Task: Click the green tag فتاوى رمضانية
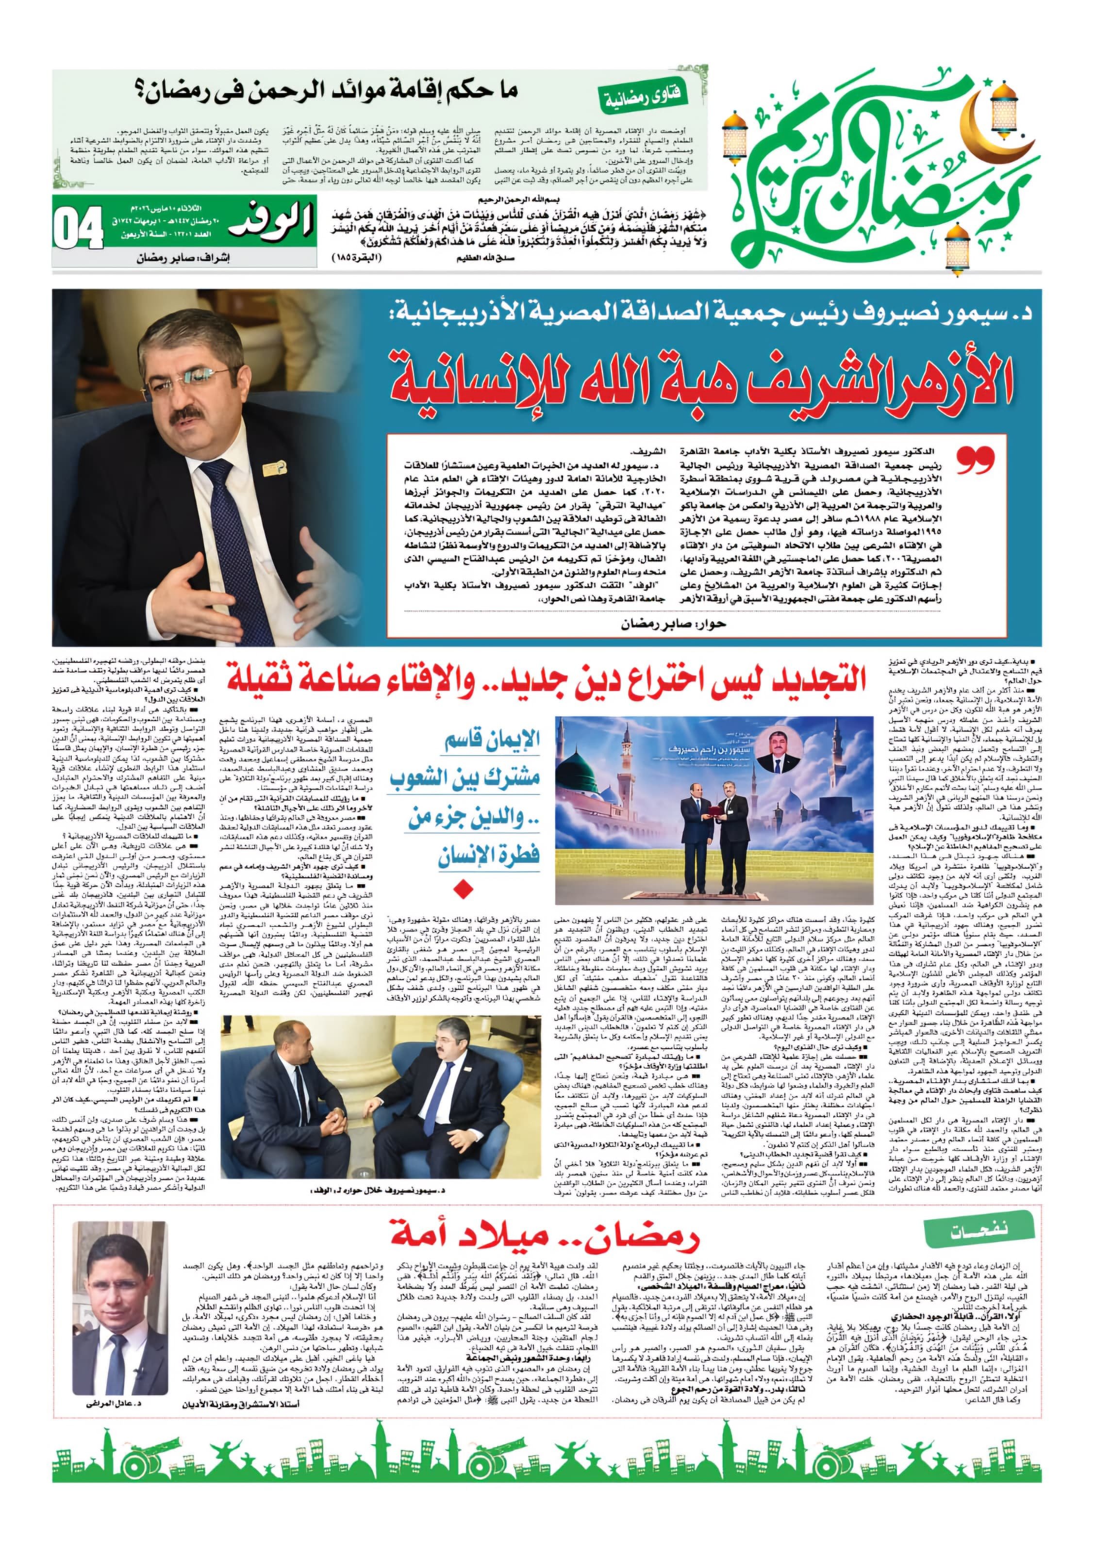[x=643, y=96]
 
